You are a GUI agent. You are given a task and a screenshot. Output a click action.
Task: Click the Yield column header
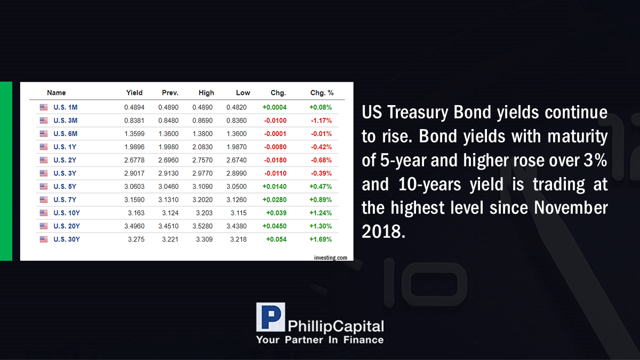(x=134, y=93)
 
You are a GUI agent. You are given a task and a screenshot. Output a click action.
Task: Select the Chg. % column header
(x=322, y=93)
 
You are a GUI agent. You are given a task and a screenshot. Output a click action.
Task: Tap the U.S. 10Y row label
(x=67, y=213)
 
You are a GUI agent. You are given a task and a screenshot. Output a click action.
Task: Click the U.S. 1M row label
(x=66, y=107)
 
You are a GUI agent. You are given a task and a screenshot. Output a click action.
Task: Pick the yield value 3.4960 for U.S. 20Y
(x=134, y=226)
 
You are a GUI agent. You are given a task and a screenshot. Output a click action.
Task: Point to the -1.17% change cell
(x=321, y=121)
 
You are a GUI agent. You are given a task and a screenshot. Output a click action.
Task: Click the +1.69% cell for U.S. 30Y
(x=321, y=239)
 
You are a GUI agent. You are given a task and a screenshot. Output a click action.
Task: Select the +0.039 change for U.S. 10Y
(x=276, y=213)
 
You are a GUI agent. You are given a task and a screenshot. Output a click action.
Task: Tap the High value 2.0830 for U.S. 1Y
(x=202, y=147)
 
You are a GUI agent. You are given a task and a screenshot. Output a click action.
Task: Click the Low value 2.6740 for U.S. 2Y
(x=236, y=160)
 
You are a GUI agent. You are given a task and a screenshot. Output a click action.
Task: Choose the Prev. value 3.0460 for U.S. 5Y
(x=169, y=187)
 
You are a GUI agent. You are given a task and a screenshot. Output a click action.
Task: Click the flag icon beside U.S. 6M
(x=44, y=134)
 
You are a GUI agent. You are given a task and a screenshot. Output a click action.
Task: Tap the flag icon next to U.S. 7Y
(x=44, y=199)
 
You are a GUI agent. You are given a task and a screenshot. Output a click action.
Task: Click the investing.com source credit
(x=331, y=258)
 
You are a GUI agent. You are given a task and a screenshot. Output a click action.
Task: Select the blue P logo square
(x=270, y=317)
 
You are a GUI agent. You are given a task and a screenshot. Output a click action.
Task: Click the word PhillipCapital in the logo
(x=335, y=326)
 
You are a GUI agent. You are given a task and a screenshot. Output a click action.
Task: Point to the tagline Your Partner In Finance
(x=319, y=340)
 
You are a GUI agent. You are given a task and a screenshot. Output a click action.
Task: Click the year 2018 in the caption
(x=383, y=231)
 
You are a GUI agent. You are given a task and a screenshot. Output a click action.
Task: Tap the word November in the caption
(x=571, y=207)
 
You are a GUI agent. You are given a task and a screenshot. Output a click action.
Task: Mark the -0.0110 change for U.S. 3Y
(x=275, y=173)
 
